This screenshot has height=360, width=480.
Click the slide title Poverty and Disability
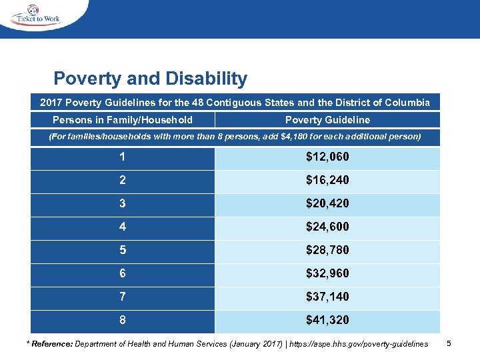[150, 79]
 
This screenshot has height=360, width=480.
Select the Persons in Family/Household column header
[123, 120]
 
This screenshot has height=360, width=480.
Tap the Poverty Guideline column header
[327, 120]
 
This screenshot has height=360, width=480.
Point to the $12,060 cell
[327, 157]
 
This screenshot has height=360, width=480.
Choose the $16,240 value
[327, 181]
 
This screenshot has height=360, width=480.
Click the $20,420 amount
[327, 203]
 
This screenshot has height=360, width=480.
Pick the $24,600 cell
[327, 227]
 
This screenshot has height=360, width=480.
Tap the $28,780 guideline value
[327, 250]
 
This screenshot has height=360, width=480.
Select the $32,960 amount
[327, 273]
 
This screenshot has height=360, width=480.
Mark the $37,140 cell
[327, 297]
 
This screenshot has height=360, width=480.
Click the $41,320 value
[327, 320]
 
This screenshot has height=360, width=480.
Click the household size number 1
[122, 157]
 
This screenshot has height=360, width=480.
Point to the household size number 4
[122, 227]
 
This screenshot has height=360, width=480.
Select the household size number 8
[122, 320]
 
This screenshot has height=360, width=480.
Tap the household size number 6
[122, 273]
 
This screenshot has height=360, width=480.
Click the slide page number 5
[449, 343]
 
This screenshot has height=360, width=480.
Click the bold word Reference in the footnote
[51, 343]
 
